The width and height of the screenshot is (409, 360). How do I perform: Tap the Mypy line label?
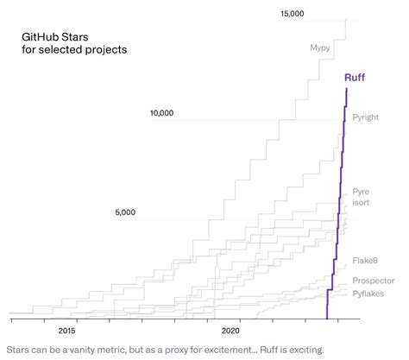click(321, 48)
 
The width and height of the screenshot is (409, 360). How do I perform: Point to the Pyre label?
click(361, 191)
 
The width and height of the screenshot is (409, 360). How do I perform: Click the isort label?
click(362, 204)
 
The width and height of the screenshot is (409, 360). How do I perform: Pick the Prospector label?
click(373, 281)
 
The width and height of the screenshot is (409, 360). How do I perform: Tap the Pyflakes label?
click(369, 294)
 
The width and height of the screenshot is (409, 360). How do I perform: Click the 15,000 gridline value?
click(293, 14)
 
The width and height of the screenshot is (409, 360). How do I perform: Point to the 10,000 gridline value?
click(162, 113)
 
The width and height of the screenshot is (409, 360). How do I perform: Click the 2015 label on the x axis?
click(66, 330)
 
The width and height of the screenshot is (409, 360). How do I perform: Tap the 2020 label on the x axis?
click(230, 330)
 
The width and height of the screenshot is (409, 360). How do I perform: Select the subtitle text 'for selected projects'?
click(75, 50)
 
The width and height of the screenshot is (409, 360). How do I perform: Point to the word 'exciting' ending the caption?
click(303, 350)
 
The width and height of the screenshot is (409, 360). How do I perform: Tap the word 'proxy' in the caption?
click(180, 350)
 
